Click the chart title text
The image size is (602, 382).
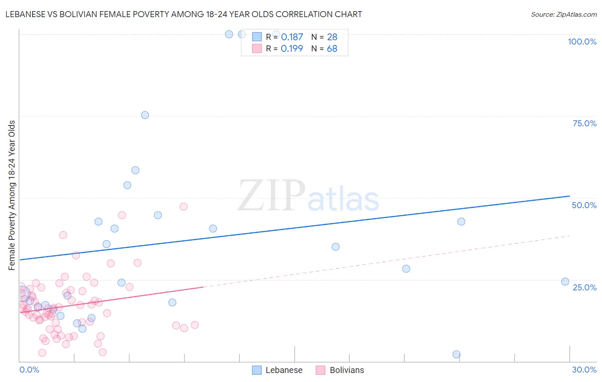184,14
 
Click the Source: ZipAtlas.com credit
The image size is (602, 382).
563,14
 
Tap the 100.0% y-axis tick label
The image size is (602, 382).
582,42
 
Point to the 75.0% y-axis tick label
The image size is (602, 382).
584,123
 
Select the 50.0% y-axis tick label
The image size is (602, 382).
584,205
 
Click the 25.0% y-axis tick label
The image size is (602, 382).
584,287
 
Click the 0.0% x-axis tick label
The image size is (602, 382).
29,370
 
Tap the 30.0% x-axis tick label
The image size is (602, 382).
584,370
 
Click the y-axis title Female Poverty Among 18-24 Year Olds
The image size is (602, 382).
12,195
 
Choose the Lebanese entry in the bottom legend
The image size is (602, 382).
283,370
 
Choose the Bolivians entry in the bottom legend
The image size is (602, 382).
346,370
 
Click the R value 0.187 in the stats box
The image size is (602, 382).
292,37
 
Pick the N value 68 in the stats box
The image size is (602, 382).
332,49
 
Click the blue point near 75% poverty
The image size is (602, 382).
145,115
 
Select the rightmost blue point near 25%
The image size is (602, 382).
565,281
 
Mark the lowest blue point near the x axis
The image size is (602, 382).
456,354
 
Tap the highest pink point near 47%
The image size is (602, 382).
184,206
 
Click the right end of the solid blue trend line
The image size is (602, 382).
569,196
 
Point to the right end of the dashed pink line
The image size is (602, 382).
569,236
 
